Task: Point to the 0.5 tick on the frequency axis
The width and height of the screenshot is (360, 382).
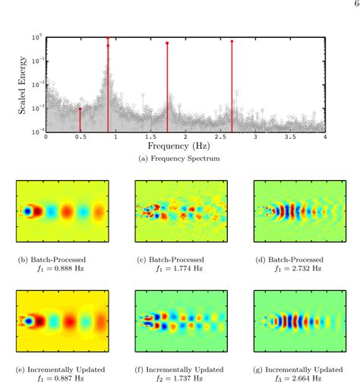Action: [80, 138]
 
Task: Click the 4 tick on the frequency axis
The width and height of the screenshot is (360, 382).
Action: [325, 138]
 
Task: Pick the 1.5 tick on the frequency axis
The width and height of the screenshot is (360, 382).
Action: [150, 138]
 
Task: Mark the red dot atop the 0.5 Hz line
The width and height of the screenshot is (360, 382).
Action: [81, 109]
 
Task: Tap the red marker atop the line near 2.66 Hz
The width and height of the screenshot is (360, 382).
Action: [232, 42]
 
